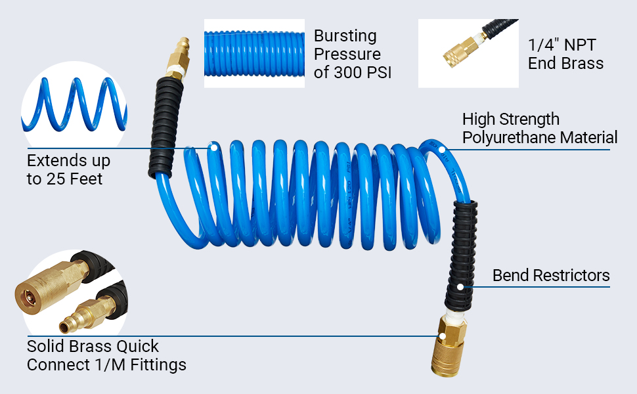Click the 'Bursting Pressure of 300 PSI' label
click(352, 54)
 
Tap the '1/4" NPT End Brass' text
click(565, 55)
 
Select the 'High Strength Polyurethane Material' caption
click(539, 128)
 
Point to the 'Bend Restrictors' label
click(551, 275)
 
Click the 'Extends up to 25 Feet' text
click(68, 169)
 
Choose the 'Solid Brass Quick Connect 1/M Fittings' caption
click(106, 355)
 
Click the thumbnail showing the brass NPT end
click(468, 54)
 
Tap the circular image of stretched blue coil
click(74, 105)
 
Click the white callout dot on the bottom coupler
click(443, 336)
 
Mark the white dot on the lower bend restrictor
click(461, 286)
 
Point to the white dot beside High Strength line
click(443, 150)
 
